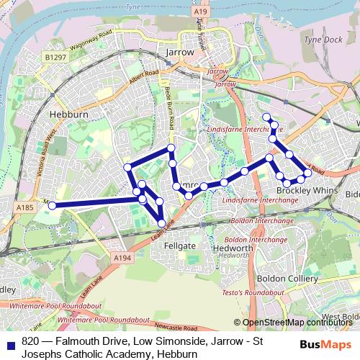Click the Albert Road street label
143,76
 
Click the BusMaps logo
320,344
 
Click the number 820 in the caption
30,343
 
